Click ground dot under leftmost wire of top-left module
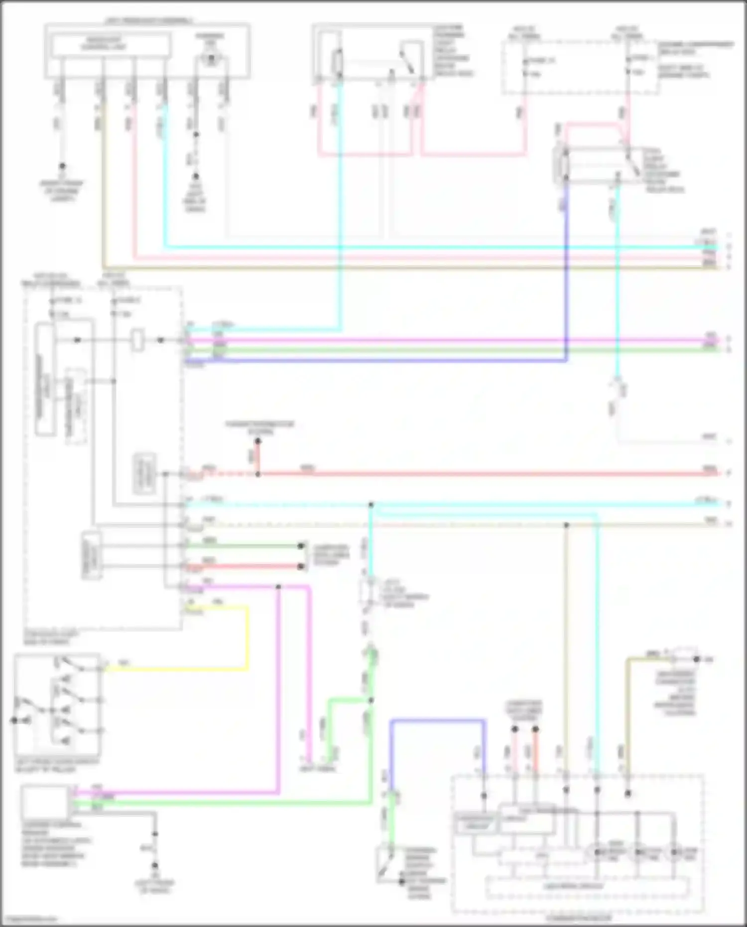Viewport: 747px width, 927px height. pos(62,166)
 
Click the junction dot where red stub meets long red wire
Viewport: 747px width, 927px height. pos(257,474)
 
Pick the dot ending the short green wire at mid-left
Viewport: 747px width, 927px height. pos(301,546)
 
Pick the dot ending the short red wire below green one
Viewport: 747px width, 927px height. pos(301,566)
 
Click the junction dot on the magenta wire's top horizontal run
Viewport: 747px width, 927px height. pos(278,587)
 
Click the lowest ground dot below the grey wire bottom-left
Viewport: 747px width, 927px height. pos(155,866)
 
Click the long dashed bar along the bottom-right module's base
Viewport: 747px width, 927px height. pos(588,887)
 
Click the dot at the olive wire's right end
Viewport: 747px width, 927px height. pos(697,660)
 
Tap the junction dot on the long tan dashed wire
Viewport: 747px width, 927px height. pos(566,525)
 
